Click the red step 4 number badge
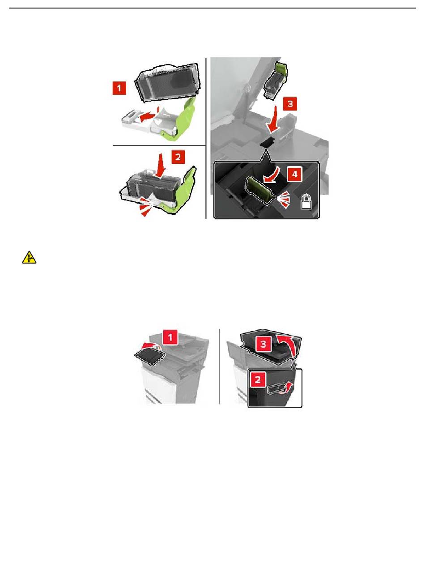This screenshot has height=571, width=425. click(x=294, y=174)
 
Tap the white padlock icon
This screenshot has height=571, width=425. click(x=306, y=202)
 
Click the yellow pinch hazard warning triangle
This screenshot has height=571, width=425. click(x=29, y=257)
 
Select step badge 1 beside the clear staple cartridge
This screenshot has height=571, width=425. click(x=119, y=88)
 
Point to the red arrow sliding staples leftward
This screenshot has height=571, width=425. click(x=149, y=116)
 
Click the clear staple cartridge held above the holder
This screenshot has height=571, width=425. click(x=167, y=82)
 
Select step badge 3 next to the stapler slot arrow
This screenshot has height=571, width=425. click(x=290, y=104)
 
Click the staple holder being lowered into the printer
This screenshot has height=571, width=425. click(x=275, y=80)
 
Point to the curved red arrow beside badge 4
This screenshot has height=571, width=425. click(x=272, y=175)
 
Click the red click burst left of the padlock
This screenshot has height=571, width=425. click(x=284, y=200)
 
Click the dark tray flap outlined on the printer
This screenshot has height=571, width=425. click(x=149, y=358)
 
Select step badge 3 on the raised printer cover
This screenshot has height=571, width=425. click(x=263, y=344)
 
